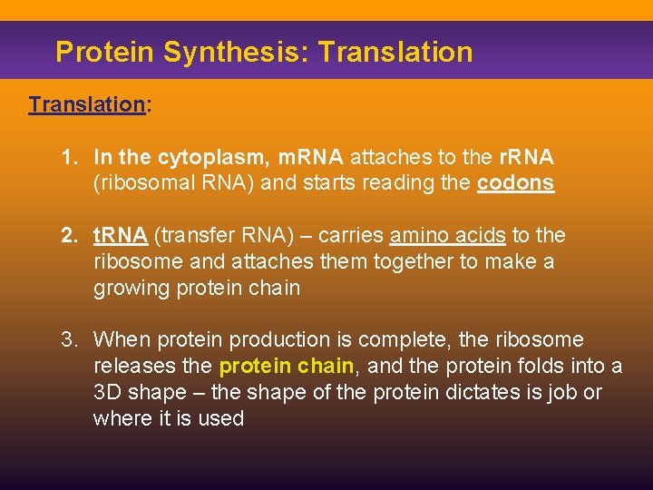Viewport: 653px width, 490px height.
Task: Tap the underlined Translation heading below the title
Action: point(86,104)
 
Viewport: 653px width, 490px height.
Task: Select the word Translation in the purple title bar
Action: point(396,52)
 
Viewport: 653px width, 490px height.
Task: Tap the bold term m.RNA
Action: point(311,157)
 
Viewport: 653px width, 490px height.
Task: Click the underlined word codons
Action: point(515,182)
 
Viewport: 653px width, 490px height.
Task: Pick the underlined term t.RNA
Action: point(121,236)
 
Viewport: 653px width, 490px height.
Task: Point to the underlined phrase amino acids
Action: point(447,236)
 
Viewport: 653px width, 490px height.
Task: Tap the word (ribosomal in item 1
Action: point(139,182)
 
